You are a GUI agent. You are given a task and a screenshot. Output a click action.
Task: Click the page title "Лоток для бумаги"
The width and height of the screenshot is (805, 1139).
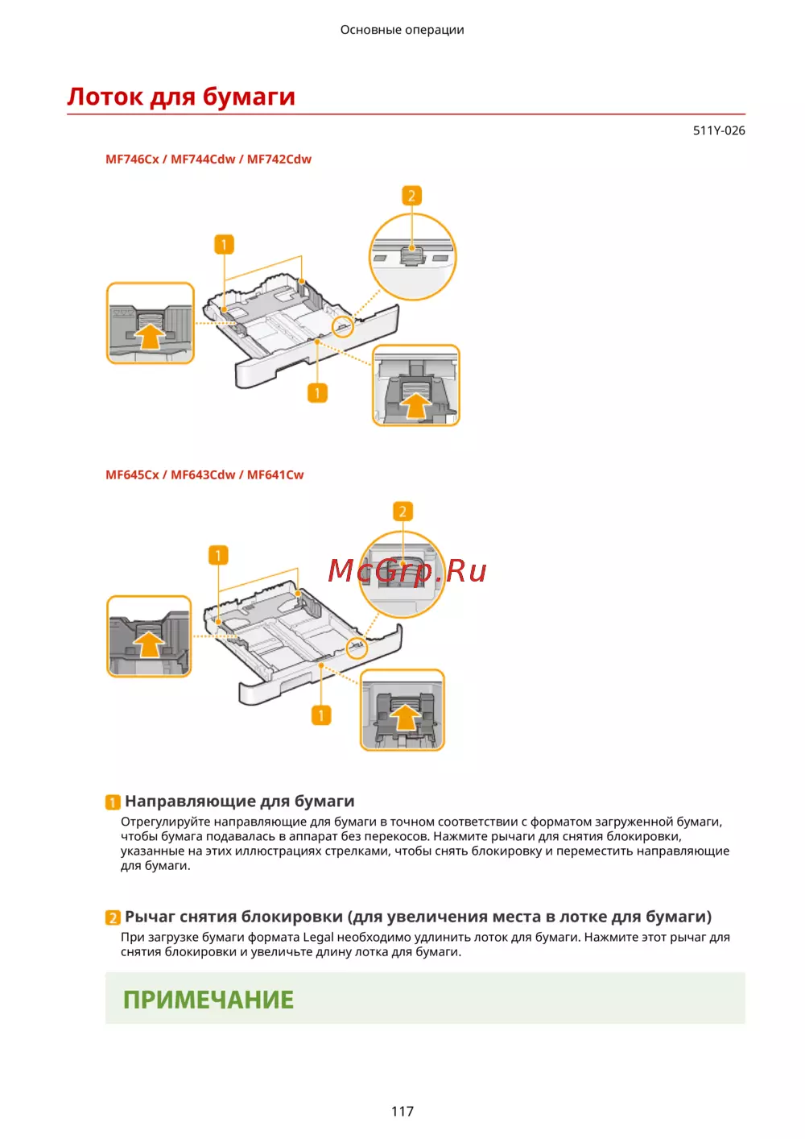click(x=181, y=97)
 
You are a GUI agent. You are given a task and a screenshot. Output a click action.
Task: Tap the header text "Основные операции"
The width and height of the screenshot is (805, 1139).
click(x=402, y=30)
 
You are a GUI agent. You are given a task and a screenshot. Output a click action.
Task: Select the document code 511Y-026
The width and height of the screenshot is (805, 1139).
click(x=718, y=130)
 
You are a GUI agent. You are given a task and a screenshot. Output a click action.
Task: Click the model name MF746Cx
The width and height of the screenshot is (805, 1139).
click(x=132, y=159)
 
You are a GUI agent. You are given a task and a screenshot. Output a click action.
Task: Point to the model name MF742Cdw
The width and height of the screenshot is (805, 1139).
click(x=279, y=159)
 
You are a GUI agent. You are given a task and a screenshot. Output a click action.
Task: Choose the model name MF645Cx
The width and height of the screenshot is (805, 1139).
click(x=132, y=475)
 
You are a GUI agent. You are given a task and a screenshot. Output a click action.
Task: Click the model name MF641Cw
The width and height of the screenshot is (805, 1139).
click(x=275, y=475)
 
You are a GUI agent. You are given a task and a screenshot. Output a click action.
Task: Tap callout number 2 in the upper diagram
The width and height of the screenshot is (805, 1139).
click(x=411, y=196)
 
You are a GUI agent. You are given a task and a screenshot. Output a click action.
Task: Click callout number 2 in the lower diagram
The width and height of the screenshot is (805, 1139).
click(x=402, y=512)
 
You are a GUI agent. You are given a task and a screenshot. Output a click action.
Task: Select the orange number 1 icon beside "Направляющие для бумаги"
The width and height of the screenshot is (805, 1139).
click(x=113, y=802)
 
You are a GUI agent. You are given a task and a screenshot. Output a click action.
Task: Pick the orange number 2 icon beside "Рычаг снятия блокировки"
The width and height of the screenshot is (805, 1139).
click(x=113, y=917)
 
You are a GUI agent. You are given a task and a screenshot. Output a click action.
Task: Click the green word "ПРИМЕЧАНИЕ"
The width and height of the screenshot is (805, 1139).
click(x=208, y=1000)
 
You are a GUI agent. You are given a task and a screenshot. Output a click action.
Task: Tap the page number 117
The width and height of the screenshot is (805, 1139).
click(x=402, y=1112)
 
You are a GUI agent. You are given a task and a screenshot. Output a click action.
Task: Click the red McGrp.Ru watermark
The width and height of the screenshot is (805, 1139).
click(x=407, y=571)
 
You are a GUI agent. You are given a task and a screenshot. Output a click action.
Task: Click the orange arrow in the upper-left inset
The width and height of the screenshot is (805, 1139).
click(x=151, y=335)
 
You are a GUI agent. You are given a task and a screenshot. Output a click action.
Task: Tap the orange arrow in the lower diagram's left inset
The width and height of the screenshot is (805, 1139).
click(x=148, y=644)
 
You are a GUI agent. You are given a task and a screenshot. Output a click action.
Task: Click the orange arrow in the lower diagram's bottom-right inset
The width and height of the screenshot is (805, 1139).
click(x=406, y=715)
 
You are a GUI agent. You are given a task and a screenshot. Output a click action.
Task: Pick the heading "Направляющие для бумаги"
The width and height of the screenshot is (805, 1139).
click(x=239, y=801)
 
